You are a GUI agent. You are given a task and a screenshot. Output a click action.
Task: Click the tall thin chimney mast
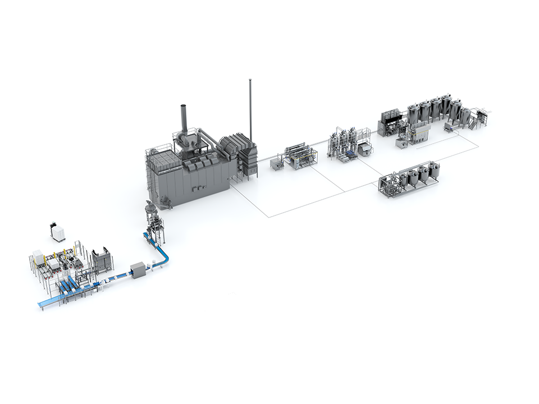point(250,107)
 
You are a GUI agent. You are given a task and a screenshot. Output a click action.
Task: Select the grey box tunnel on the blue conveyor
point(138,270)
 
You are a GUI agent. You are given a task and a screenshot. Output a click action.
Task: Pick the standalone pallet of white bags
point(58,232)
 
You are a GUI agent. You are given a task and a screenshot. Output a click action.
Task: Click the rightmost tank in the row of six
point(465,116)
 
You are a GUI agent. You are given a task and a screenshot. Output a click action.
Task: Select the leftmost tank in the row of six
point(413,114)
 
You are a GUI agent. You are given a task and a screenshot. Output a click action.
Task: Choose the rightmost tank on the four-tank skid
point(434,172)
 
